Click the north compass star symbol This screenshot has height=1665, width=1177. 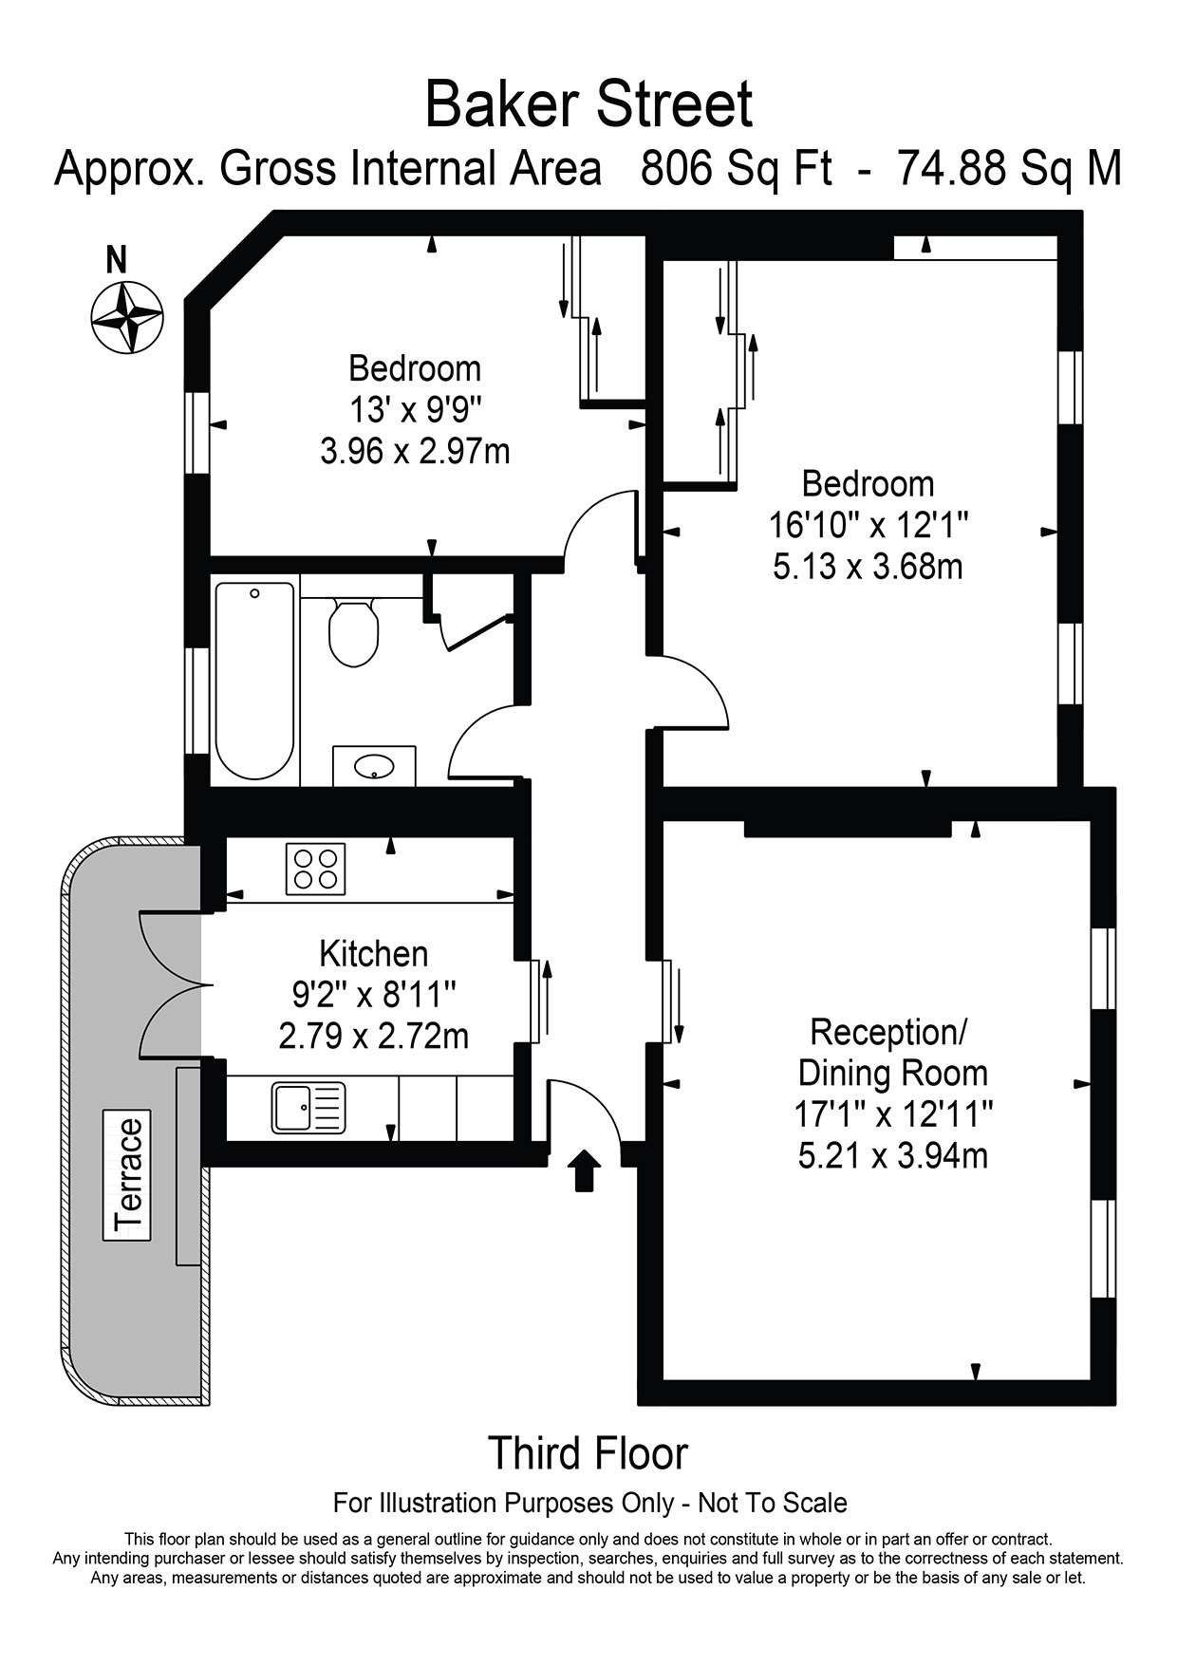127,316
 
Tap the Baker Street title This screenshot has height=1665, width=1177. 588,104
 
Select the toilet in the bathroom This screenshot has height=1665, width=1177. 354,632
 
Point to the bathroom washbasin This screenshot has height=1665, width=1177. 374,765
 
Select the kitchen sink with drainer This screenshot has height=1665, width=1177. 308,1108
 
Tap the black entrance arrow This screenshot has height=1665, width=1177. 585,1169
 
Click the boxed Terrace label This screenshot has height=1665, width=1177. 127,1175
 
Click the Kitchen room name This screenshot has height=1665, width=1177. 374,953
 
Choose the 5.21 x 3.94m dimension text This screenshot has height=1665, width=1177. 893,1156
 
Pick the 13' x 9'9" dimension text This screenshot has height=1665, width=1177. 415,410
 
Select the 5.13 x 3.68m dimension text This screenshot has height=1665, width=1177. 869,567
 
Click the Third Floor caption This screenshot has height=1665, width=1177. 588,1453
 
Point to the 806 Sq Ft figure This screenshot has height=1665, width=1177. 737,169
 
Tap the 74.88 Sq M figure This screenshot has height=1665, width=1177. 1010,169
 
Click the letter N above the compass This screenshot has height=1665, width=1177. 117,260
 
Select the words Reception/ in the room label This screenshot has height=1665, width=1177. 887,1032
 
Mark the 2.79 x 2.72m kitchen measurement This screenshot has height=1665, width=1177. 374,1036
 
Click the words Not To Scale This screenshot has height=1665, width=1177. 773,1503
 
